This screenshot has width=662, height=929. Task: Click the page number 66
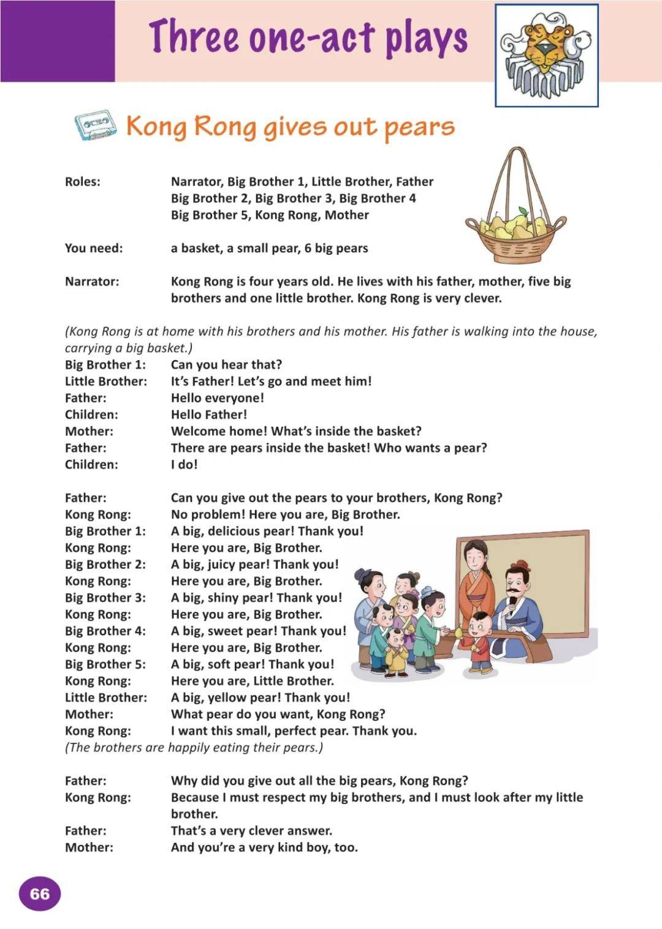(39, 893)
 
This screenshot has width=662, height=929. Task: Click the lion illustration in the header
(546, 56)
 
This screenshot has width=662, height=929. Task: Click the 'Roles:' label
(83, 182)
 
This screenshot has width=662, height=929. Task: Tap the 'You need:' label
(94, 248)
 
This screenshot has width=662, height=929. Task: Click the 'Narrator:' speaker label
(92, 282)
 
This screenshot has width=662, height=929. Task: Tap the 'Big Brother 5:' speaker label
(105, 664)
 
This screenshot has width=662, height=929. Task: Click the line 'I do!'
(184, 464)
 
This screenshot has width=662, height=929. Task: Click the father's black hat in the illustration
(520, 566)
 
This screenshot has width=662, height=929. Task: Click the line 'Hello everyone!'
(217, 398)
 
